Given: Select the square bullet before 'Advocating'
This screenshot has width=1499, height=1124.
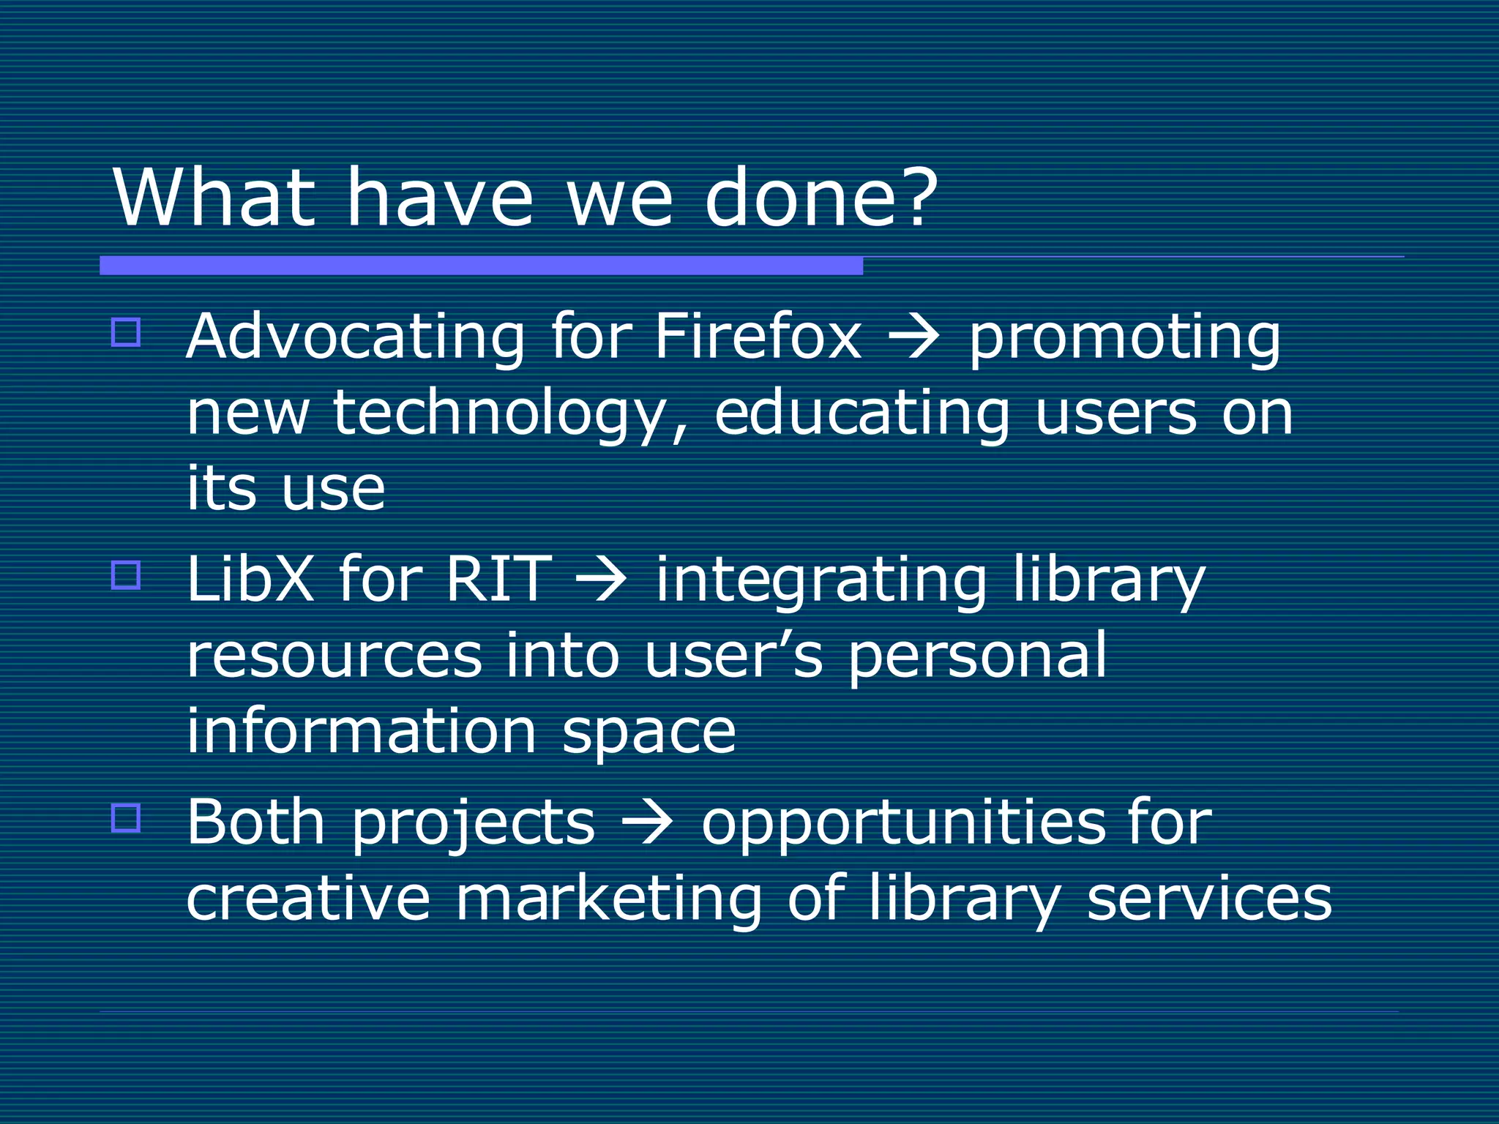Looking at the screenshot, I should [126, 332].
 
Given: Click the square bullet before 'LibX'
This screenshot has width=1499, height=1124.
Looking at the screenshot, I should [126, 574].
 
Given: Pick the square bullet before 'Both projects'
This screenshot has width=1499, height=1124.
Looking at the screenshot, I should [126, 817].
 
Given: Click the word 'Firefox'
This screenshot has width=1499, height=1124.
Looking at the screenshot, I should [758, 337].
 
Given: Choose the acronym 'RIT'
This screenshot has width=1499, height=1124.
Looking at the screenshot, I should [498, 579].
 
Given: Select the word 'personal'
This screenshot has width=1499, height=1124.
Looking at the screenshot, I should [977, 657].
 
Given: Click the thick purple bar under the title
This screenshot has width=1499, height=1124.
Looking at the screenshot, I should [481, 266].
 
